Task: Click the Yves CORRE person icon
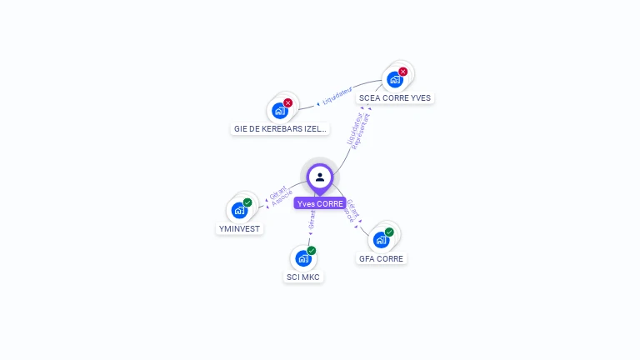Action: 320,177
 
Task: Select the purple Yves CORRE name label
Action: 320,203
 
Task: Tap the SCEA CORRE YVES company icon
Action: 394,80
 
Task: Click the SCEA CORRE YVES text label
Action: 395,97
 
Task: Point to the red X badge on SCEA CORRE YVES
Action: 403,72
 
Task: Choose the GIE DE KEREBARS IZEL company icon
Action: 280,110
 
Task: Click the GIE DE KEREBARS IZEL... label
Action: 281,129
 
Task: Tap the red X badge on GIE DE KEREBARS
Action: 288,102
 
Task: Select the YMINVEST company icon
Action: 240,210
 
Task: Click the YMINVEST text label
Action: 240,228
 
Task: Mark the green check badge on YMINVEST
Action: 247,202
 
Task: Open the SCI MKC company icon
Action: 303,258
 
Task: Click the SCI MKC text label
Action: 303,277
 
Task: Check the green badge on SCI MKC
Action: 312,250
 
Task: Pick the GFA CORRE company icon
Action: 381,240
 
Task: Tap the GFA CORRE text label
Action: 381,258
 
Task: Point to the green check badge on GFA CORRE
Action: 389,232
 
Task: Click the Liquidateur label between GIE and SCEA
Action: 337,97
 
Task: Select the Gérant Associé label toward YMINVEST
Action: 280,196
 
